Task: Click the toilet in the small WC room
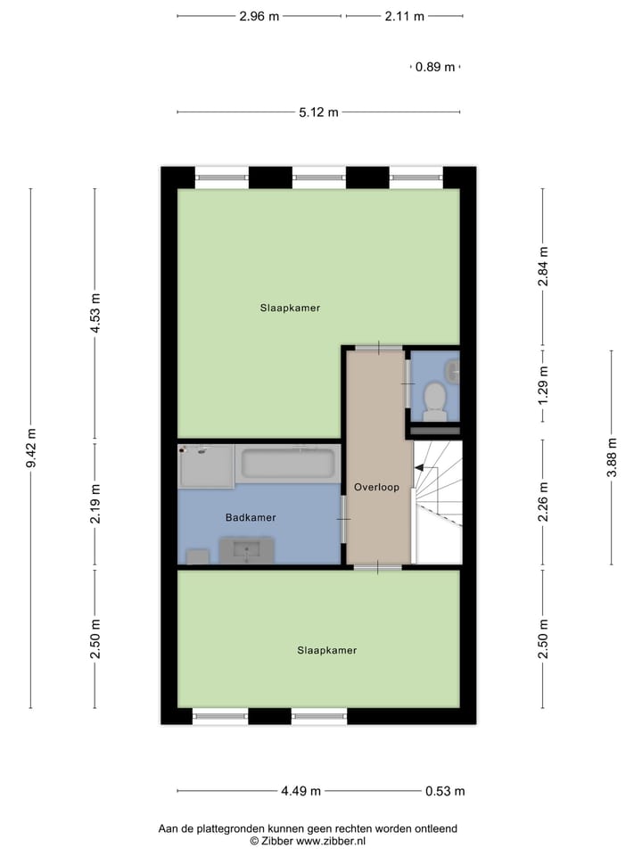coord(435,400)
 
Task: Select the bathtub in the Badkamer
coord(289,465)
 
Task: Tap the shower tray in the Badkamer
coord(206,465)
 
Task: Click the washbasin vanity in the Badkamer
coord(247,552)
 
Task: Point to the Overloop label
coord(376,488)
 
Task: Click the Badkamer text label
coord(251,517)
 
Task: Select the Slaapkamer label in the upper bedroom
coord(290,308)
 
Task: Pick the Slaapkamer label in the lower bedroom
coord(326,650)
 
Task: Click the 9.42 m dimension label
coord(31,449)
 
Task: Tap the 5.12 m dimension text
coord(318,112)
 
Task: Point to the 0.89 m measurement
coord(435,67)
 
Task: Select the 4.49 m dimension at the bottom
coord(300,791)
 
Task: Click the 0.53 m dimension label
coord(445,791)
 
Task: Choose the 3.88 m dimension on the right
coord(612,457)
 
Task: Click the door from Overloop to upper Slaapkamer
coord(378,347)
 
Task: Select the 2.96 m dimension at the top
coord(259,16)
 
